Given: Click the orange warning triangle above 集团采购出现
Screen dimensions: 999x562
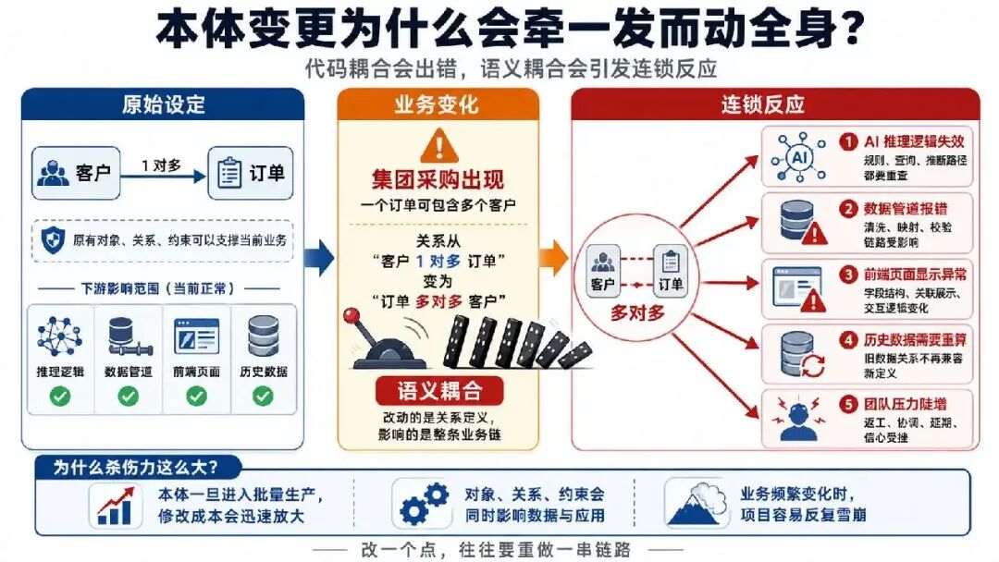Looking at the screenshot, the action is click(x=439, y=146).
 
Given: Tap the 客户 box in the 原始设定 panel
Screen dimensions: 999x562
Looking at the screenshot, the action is click(x=76, y=173).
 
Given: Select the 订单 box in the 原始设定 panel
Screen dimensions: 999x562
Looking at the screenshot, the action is click(x=251, y=173).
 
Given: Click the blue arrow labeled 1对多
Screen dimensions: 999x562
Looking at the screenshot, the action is click(x=164, y=177).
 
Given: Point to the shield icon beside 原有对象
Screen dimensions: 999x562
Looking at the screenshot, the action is click(x=53, y=240).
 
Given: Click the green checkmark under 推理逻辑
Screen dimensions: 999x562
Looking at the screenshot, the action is click(x=60, y=397).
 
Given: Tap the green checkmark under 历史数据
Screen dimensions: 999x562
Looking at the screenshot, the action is click(x=263, y=397).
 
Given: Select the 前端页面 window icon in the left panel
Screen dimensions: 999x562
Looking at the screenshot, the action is click(x=196, y=336).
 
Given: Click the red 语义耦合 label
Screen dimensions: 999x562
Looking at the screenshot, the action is click(x=439, y=391).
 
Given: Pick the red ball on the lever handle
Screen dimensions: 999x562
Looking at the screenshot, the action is click(x=351, y=316).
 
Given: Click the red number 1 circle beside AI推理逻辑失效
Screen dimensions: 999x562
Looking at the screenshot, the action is click(x=848, y=141).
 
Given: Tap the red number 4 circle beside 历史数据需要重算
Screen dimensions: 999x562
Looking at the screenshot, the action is click(x=848, y=340).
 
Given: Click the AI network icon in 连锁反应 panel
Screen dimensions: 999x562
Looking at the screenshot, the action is click(x=798, y=157).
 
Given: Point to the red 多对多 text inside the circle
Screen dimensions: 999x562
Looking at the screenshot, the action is click(x=637, y=312).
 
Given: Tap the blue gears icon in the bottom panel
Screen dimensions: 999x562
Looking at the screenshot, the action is click(x=424, y=504).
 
